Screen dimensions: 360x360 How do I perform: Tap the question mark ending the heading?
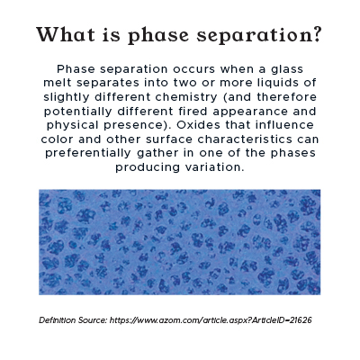317,34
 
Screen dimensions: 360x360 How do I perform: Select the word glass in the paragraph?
287,69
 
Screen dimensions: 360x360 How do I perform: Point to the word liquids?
276,83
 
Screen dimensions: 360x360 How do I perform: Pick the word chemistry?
186,97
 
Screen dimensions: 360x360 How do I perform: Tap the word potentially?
78,112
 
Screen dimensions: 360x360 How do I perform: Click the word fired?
193,112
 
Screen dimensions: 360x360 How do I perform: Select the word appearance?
250,112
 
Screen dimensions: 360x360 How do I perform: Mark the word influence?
284,125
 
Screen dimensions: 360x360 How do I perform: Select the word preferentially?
88,154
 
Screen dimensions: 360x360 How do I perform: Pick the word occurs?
194,69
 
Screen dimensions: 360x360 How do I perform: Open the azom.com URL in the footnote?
211,320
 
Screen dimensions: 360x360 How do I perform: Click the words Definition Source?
73,320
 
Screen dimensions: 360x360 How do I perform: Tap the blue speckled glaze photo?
180,242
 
